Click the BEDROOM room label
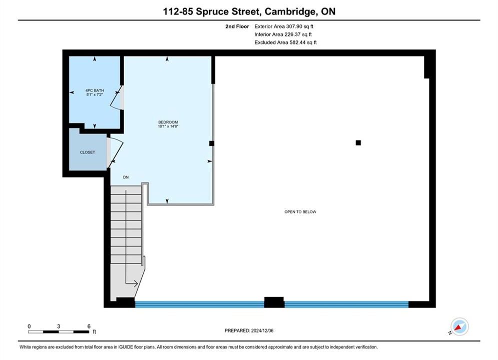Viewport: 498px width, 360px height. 168,122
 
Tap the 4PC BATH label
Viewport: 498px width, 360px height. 95,90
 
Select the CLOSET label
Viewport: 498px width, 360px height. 88,152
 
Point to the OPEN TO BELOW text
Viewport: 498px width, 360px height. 300,212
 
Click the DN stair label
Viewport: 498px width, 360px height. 126,177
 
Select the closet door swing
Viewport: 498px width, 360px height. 115,152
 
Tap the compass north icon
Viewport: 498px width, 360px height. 459,326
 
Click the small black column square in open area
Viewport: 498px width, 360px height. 358,142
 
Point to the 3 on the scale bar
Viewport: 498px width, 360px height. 59,326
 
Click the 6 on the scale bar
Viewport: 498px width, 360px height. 89,326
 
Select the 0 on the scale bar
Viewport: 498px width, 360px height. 29,326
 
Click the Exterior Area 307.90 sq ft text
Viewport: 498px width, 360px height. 284,26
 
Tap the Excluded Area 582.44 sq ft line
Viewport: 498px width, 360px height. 285,42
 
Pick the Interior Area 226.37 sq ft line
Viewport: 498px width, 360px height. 283,34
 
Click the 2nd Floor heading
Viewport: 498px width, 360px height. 237,26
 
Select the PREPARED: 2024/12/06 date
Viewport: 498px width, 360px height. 249,330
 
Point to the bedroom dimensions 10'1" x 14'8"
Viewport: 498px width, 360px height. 168,126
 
